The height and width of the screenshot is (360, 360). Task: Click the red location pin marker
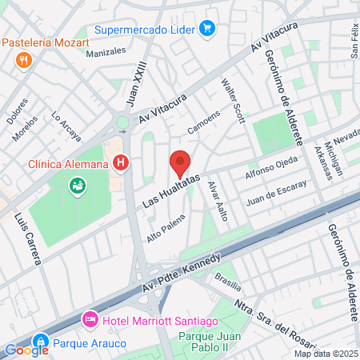tap(180, 164)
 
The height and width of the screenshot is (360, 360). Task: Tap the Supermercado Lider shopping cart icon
tap(208, 30)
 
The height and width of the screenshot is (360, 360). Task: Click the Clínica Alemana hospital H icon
tap(120, 164)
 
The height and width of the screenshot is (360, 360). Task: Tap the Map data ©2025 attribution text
tap(326, 354)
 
